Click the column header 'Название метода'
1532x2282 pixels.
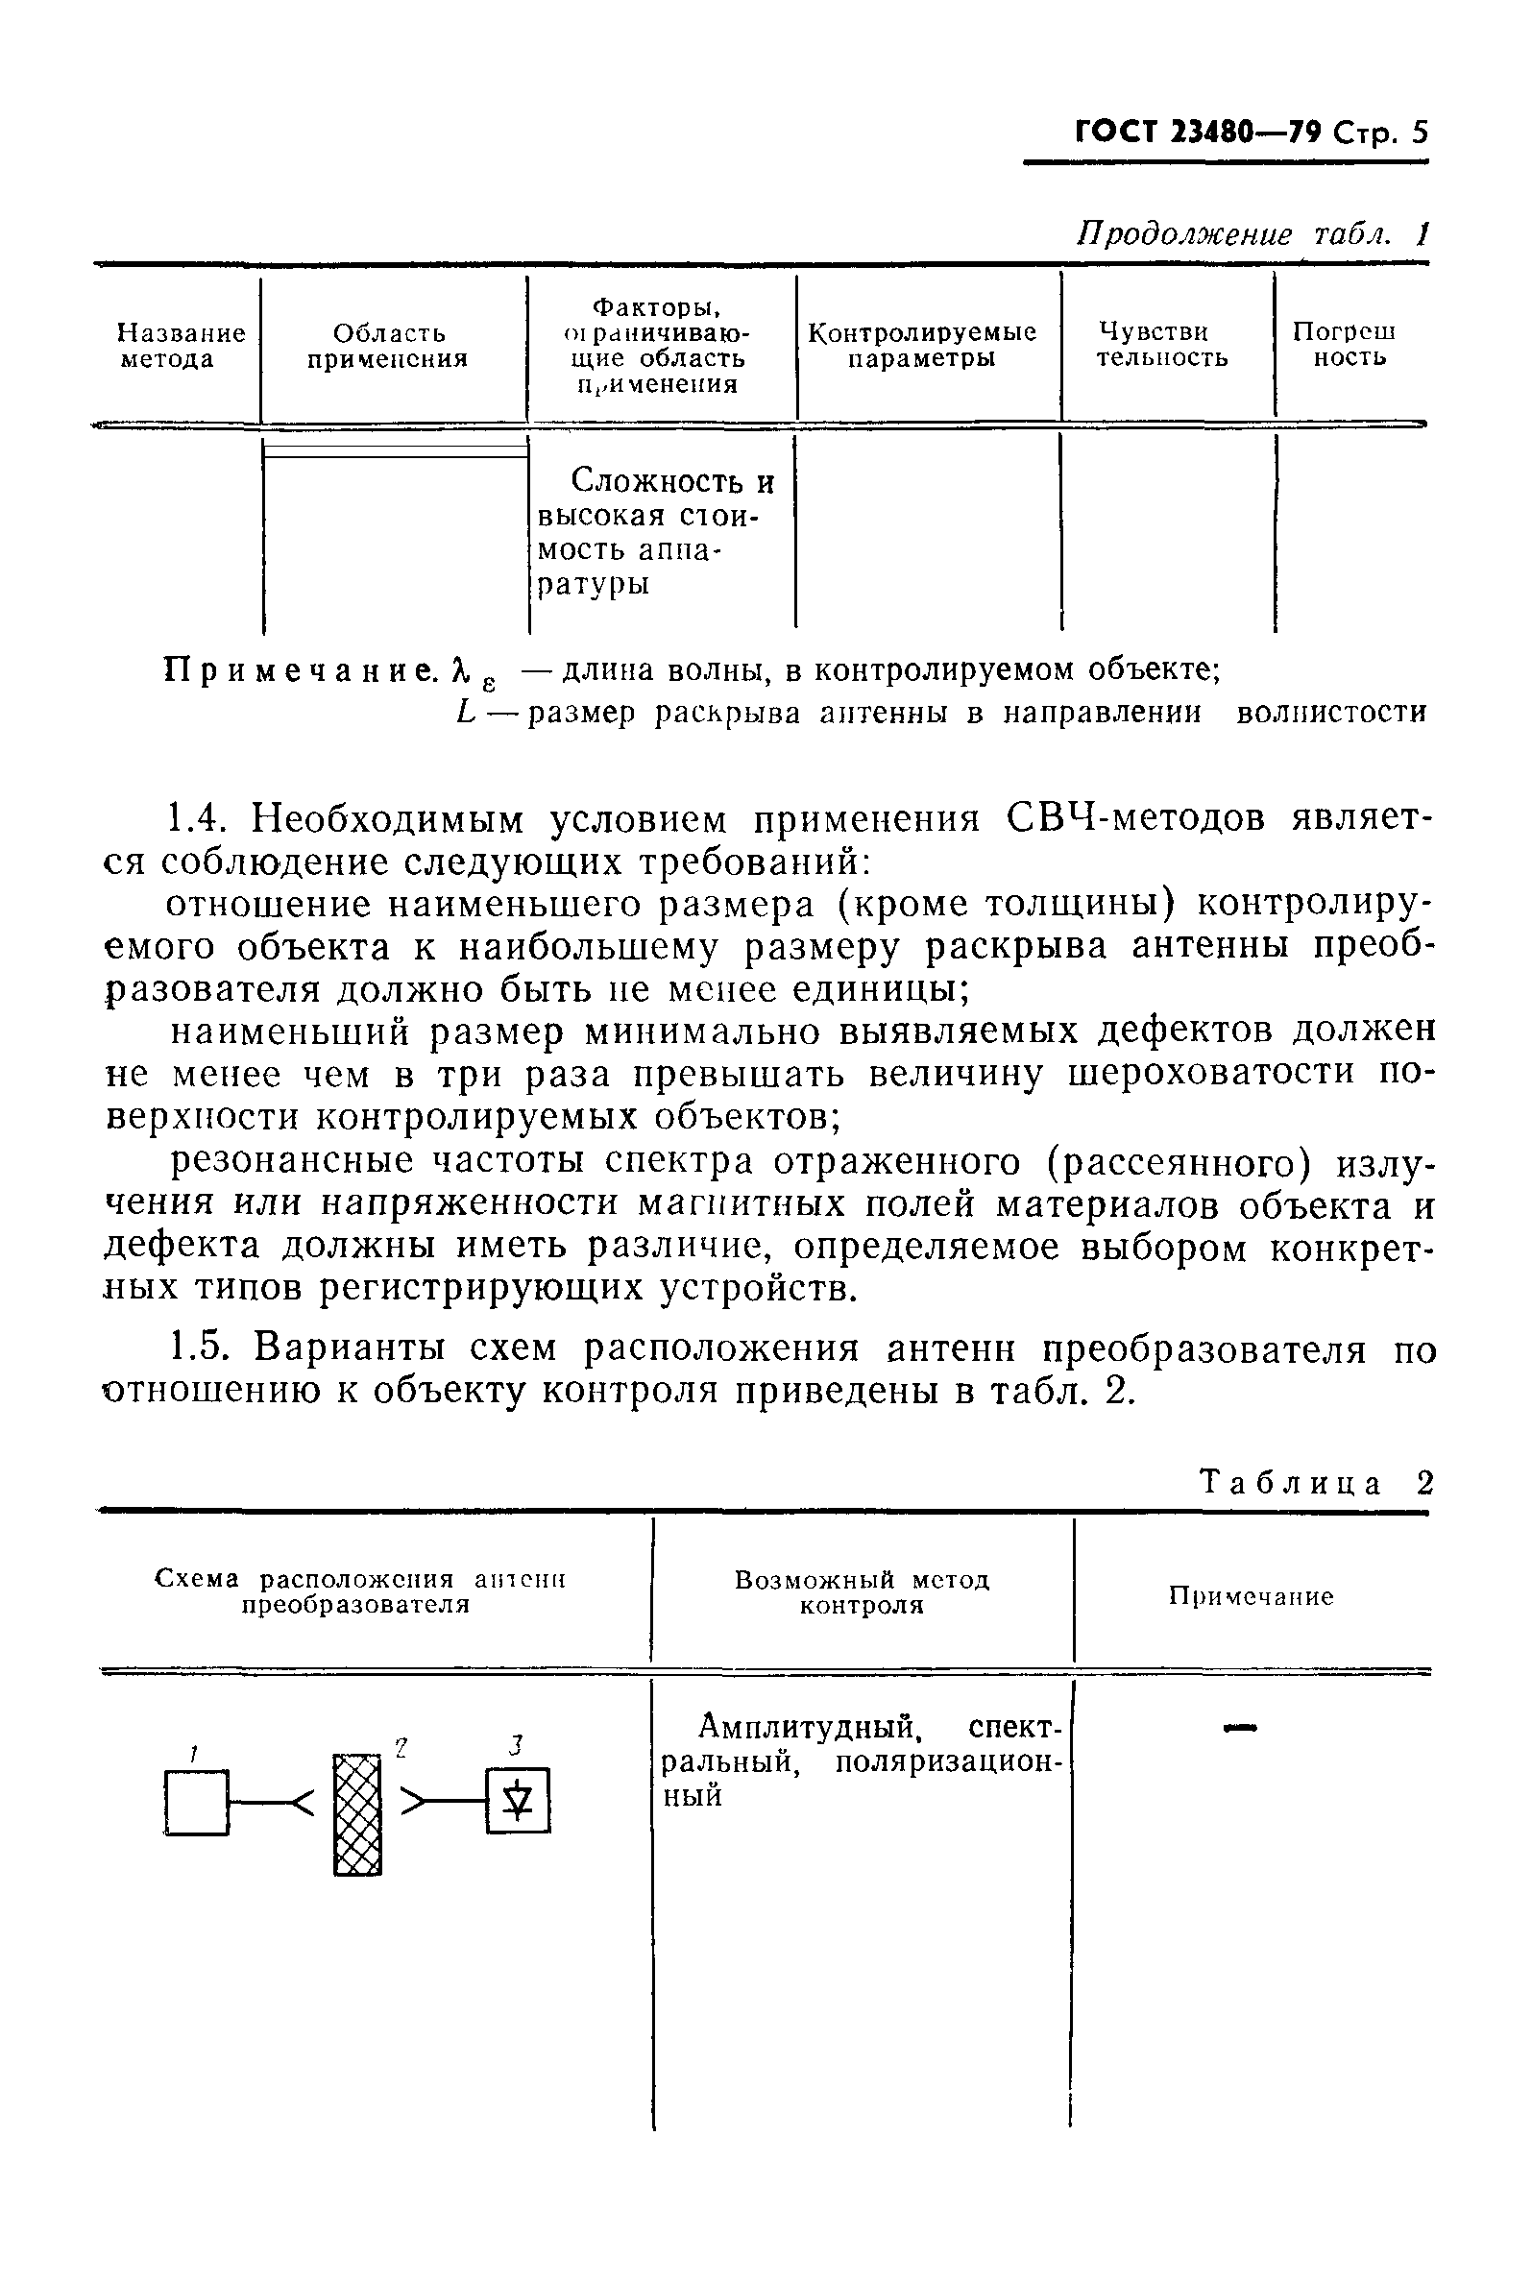click(x=181, y=347)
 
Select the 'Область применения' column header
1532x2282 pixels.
click(x=389, y=347)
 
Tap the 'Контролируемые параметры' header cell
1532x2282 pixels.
click(x=921, y=346)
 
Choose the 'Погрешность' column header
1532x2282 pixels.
click(x=1345, y=345)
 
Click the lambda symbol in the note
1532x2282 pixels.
click(x=457, y=670)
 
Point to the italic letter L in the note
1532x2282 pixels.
click(x=466, y=713)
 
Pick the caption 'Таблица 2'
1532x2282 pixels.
click(x=1315, y=1484)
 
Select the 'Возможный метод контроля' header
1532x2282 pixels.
click(x=862, y=1593)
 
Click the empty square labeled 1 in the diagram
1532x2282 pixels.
click(x=196, y=1803)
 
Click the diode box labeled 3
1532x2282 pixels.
click(x=518, y=1801)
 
